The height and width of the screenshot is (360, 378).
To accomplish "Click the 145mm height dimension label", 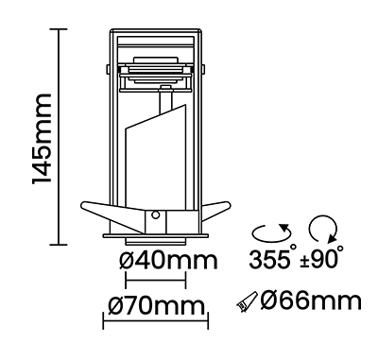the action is pos(42,138).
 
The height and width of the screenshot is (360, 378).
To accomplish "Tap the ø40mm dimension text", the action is pos(168,261).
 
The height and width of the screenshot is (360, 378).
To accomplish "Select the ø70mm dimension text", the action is pos(157,305).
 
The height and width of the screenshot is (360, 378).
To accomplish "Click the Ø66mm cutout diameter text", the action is pos(311,300).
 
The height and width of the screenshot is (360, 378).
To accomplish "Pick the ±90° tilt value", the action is pos(321,257).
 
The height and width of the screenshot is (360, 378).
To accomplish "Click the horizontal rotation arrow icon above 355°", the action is pos(271,232).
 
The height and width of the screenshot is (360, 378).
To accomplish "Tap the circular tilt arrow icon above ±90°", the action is pos(323,229).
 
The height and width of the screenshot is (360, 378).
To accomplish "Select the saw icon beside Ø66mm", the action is pos(247,301).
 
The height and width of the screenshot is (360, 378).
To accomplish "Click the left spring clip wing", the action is pos(112,214).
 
